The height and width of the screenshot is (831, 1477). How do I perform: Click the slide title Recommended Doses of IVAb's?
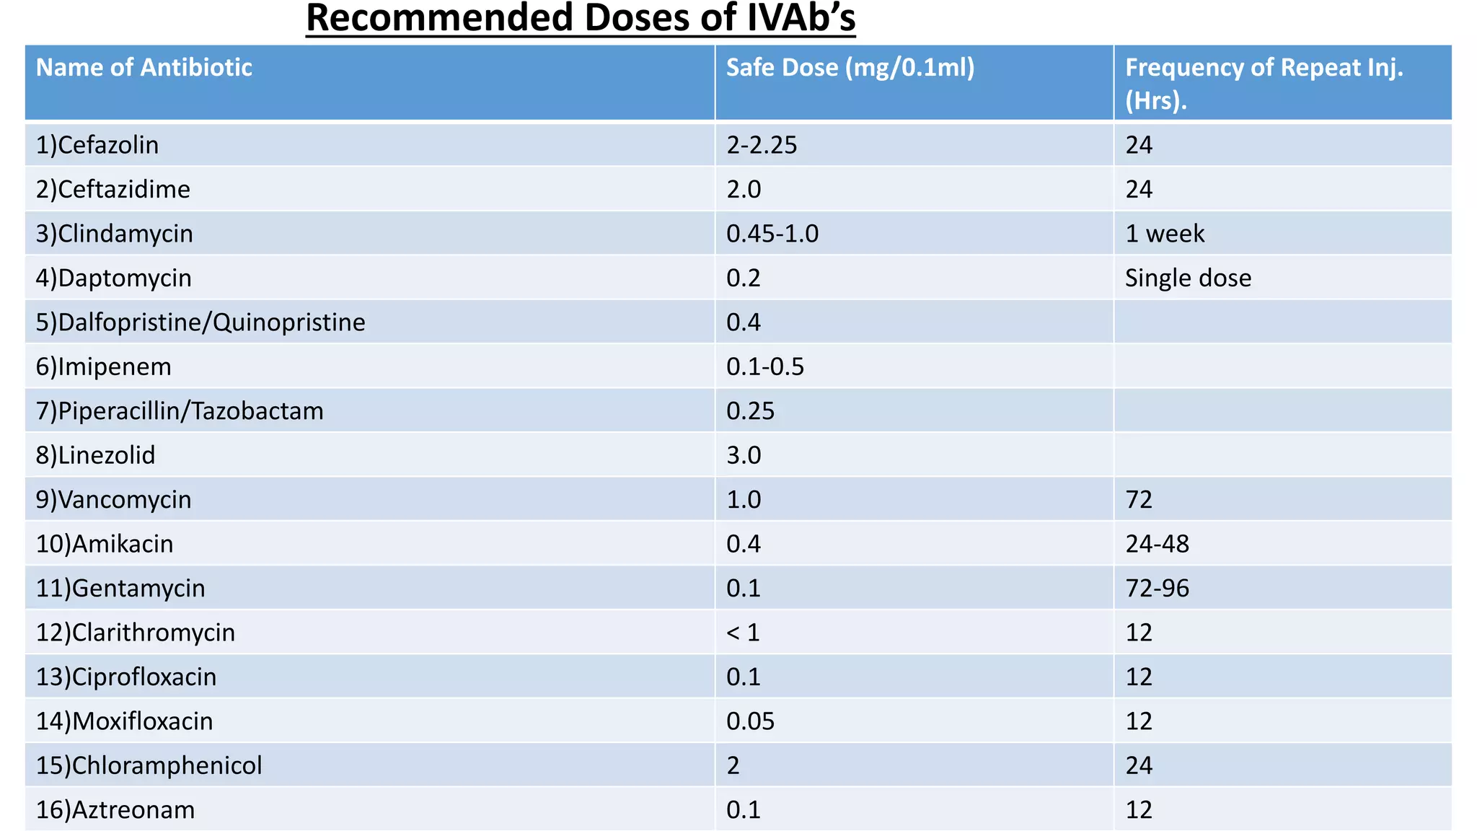(x=581, y=18)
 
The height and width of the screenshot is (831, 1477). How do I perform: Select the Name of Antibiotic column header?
(x=144, y=68)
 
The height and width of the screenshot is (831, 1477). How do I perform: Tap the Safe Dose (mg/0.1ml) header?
(x=850, y=68)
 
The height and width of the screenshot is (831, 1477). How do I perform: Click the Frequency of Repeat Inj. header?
(x=1264, y=83)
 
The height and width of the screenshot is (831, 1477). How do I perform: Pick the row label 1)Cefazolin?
(x=97, y=145)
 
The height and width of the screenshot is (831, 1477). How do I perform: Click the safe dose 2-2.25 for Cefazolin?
(x=762, y=145)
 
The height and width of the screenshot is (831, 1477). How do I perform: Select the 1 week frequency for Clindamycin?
(x=1165, y=234)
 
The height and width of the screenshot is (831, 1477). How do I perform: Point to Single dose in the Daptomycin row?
(x=1188, y=278)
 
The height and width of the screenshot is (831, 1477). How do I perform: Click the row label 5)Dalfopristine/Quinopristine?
(x=200, y=322)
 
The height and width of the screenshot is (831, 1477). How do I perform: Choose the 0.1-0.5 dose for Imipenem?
(x=764, y=366)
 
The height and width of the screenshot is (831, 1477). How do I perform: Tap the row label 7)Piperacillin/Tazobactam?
(x=180, y=411)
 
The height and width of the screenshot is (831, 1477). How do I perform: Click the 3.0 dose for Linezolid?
(x=744, y=455)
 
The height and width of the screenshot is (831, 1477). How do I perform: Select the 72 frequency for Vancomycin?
(x=1139, y=500)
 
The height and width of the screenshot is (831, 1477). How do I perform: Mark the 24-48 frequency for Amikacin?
(x=1157, y=544)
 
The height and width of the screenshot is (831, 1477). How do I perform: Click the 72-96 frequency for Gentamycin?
(x=1157, y=589)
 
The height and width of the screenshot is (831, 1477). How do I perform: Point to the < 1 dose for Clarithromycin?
(x=743, y=633)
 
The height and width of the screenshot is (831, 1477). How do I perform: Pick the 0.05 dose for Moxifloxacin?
(x=750, y=721)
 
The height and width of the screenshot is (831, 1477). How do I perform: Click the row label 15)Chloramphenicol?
(x=149, y=765)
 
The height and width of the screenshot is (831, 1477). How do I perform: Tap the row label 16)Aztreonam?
(x=115, y=810)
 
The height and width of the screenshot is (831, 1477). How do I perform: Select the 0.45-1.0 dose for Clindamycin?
(x=772, y=234)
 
